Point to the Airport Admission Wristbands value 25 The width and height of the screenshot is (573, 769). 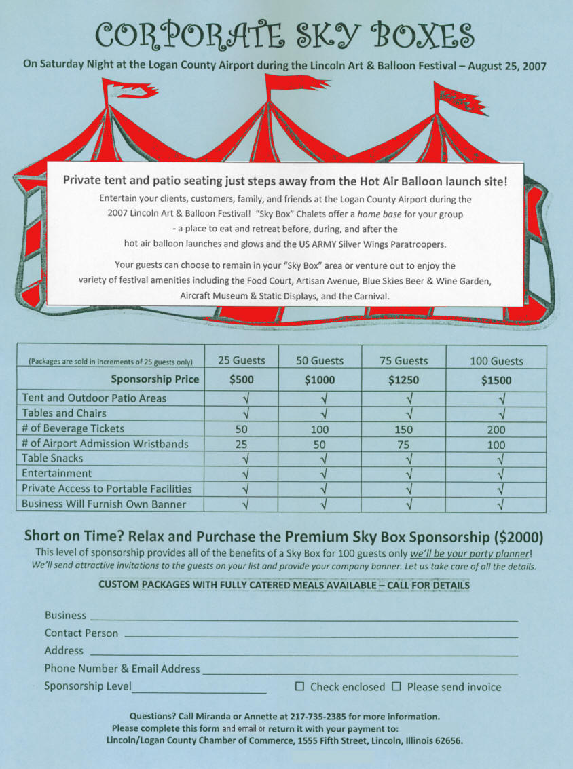[241, 445]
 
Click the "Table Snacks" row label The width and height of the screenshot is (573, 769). [52, 459]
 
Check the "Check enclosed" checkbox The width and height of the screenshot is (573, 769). [299, 687]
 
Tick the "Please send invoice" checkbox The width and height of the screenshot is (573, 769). [396, 687]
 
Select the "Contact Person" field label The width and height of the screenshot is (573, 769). [81, 633]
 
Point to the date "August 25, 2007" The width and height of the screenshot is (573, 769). [507, 66]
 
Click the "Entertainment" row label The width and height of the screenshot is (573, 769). [56, 474]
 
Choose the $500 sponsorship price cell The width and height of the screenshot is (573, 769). [241, 381]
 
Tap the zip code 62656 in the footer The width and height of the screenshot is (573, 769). [447, 740]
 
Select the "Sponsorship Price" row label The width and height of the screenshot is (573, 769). [155, 379]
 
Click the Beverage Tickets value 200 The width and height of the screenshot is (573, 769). [496, 429]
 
